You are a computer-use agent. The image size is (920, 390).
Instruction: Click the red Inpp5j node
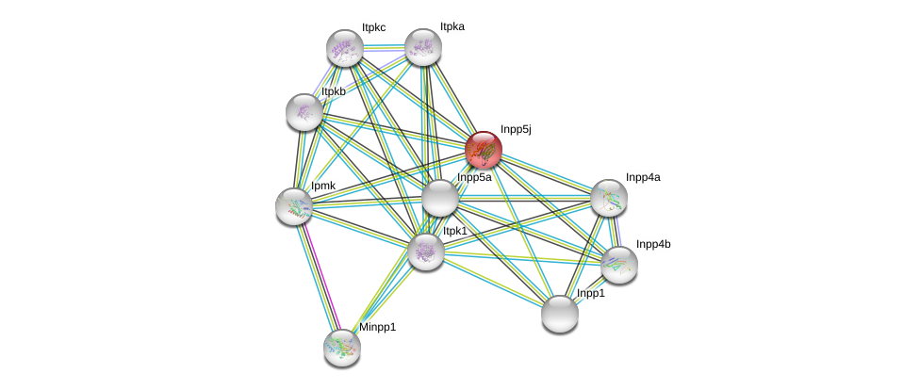pyautogui.click(x=484, y=150)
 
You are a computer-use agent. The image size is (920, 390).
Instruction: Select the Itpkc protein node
pyautogui.click(x=345, y=48)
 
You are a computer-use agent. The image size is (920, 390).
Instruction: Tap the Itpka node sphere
pyautogui.click(x=423, y=46)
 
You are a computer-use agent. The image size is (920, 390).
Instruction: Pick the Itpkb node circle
pyautogui.click(x=304, y=112)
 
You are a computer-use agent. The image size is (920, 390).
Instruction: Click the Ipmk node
pyautogui.click(x=294, y=205)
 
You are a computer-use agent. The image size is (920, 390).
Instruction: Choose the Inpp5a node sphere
pyautogui.click(x=439, y=198)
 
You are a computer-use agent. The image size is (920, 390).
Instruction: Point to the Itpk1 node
pyautogui.click(x=425, y=252)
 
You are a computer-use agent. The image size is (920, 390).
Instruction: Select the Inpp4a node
pyautogui.click(x=609, y=197)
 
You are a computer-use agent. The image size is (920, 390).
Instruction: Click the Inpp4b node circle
pyautogui.click(x=619, y=264)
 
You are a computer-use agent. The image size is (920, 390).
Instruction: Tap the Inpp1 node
pyautogui.click(x=560, y=314)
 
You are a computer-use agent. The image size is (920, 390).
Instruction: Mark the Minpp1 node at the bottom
pyautogui.click(x=342, y=347)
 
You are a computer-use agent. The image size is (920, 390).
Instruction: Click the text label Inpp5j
pyautogui.click(x=516, y=129)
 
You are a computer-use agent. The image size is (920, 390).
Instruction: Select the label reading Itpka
pyautogui.click(x=452, y=27)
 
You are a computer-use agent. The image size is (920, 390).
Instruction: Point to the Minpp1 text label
pyautogui.click(x=377, y=327)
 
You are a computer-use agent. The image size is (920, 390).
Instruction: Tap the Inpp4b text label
pyautogui.click(x=652, y=244)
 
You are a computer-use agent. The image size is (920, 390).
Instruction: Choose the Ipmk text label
pyautogui.click(x=323, y=186)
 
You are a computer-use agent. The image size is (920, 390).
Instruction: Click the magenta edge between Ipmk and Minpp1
pyautogui.click(x=319, y=277)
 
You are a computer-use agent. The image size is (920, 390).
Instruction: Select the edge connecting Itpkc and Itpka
pyautogui.click(x=384, y=47)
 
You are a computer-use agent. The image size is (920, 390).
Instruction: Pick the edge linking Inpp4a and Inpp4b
pyautogui.click(x=615, y=231)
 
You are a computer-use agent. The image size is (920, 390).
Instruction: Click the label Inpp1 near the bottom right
pyautogui.click(x=591, y=294)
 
